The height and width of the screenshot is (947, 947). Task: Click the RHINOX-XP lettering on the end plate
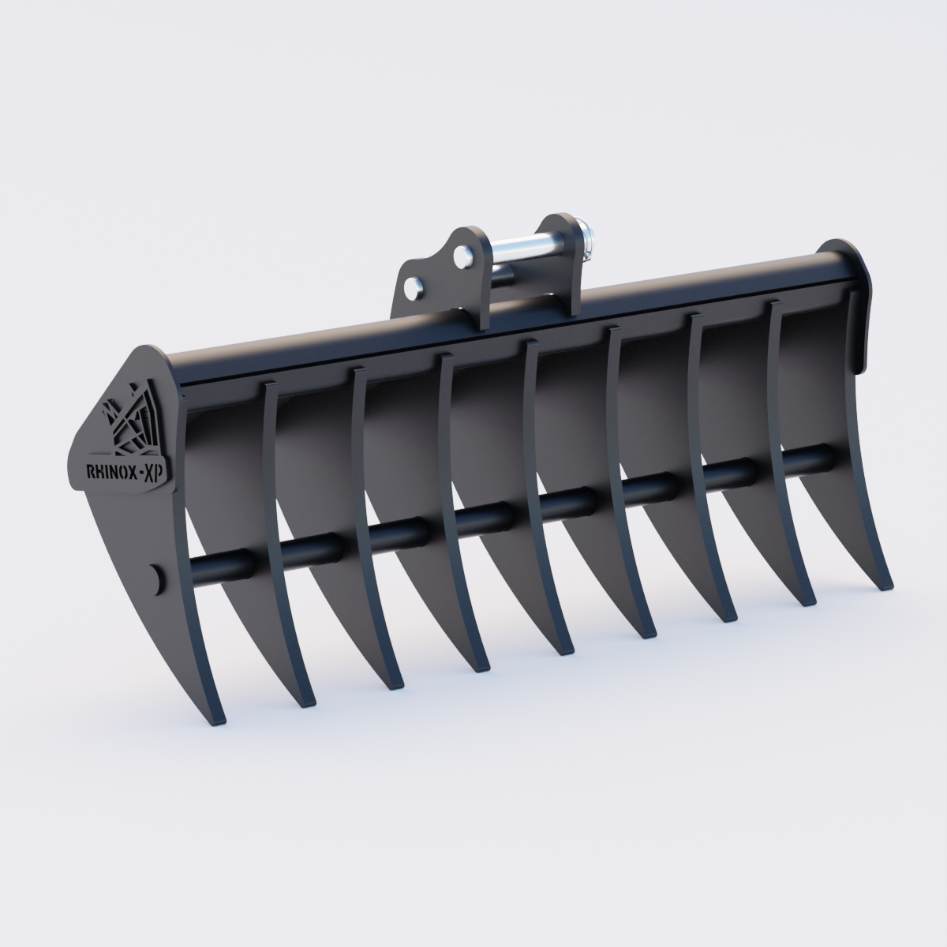(x=118, y=471)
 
